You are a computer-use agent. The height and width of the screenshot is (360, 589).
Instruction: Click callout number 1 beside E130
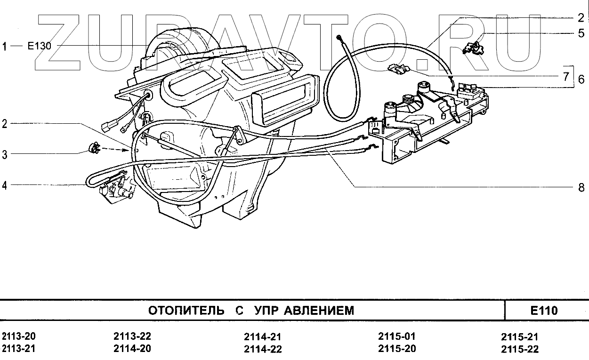[x=5, y=46]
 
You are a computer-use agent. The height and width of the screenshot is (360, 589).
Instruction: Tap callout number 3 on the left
[x=5, y=154]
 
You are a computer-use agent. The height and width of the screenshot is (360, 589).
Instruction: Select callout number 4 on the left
[x=5, y=185]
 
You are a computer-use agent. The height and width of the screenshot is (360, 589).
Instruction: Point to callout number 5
[x=582, y=33]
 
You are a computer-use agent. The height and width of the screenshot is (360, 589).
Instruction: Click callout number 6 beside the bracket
[x=582, y=80]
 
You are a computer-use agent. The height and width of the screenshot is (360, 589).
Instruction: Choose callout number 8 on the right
[x=581, y=187]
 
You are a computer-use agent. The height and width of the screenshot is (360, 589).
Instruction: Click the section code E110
[x=543, y=311]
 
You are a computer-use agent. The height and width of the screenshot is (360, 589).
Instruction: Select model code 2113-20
[x=19, y=337]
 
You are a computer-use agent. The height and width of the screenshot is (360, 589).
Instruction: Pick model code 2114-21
[x=263, y=337]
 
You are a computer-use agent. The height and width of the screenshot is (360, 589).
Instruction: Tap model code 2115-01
[x=397, y=337]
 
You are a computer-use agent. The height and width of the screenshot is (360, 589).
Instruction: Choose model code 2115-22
[x=520, y=349]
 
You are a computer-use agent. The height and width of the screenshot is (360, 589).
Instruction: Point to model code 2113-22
[x=132, y=337]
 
